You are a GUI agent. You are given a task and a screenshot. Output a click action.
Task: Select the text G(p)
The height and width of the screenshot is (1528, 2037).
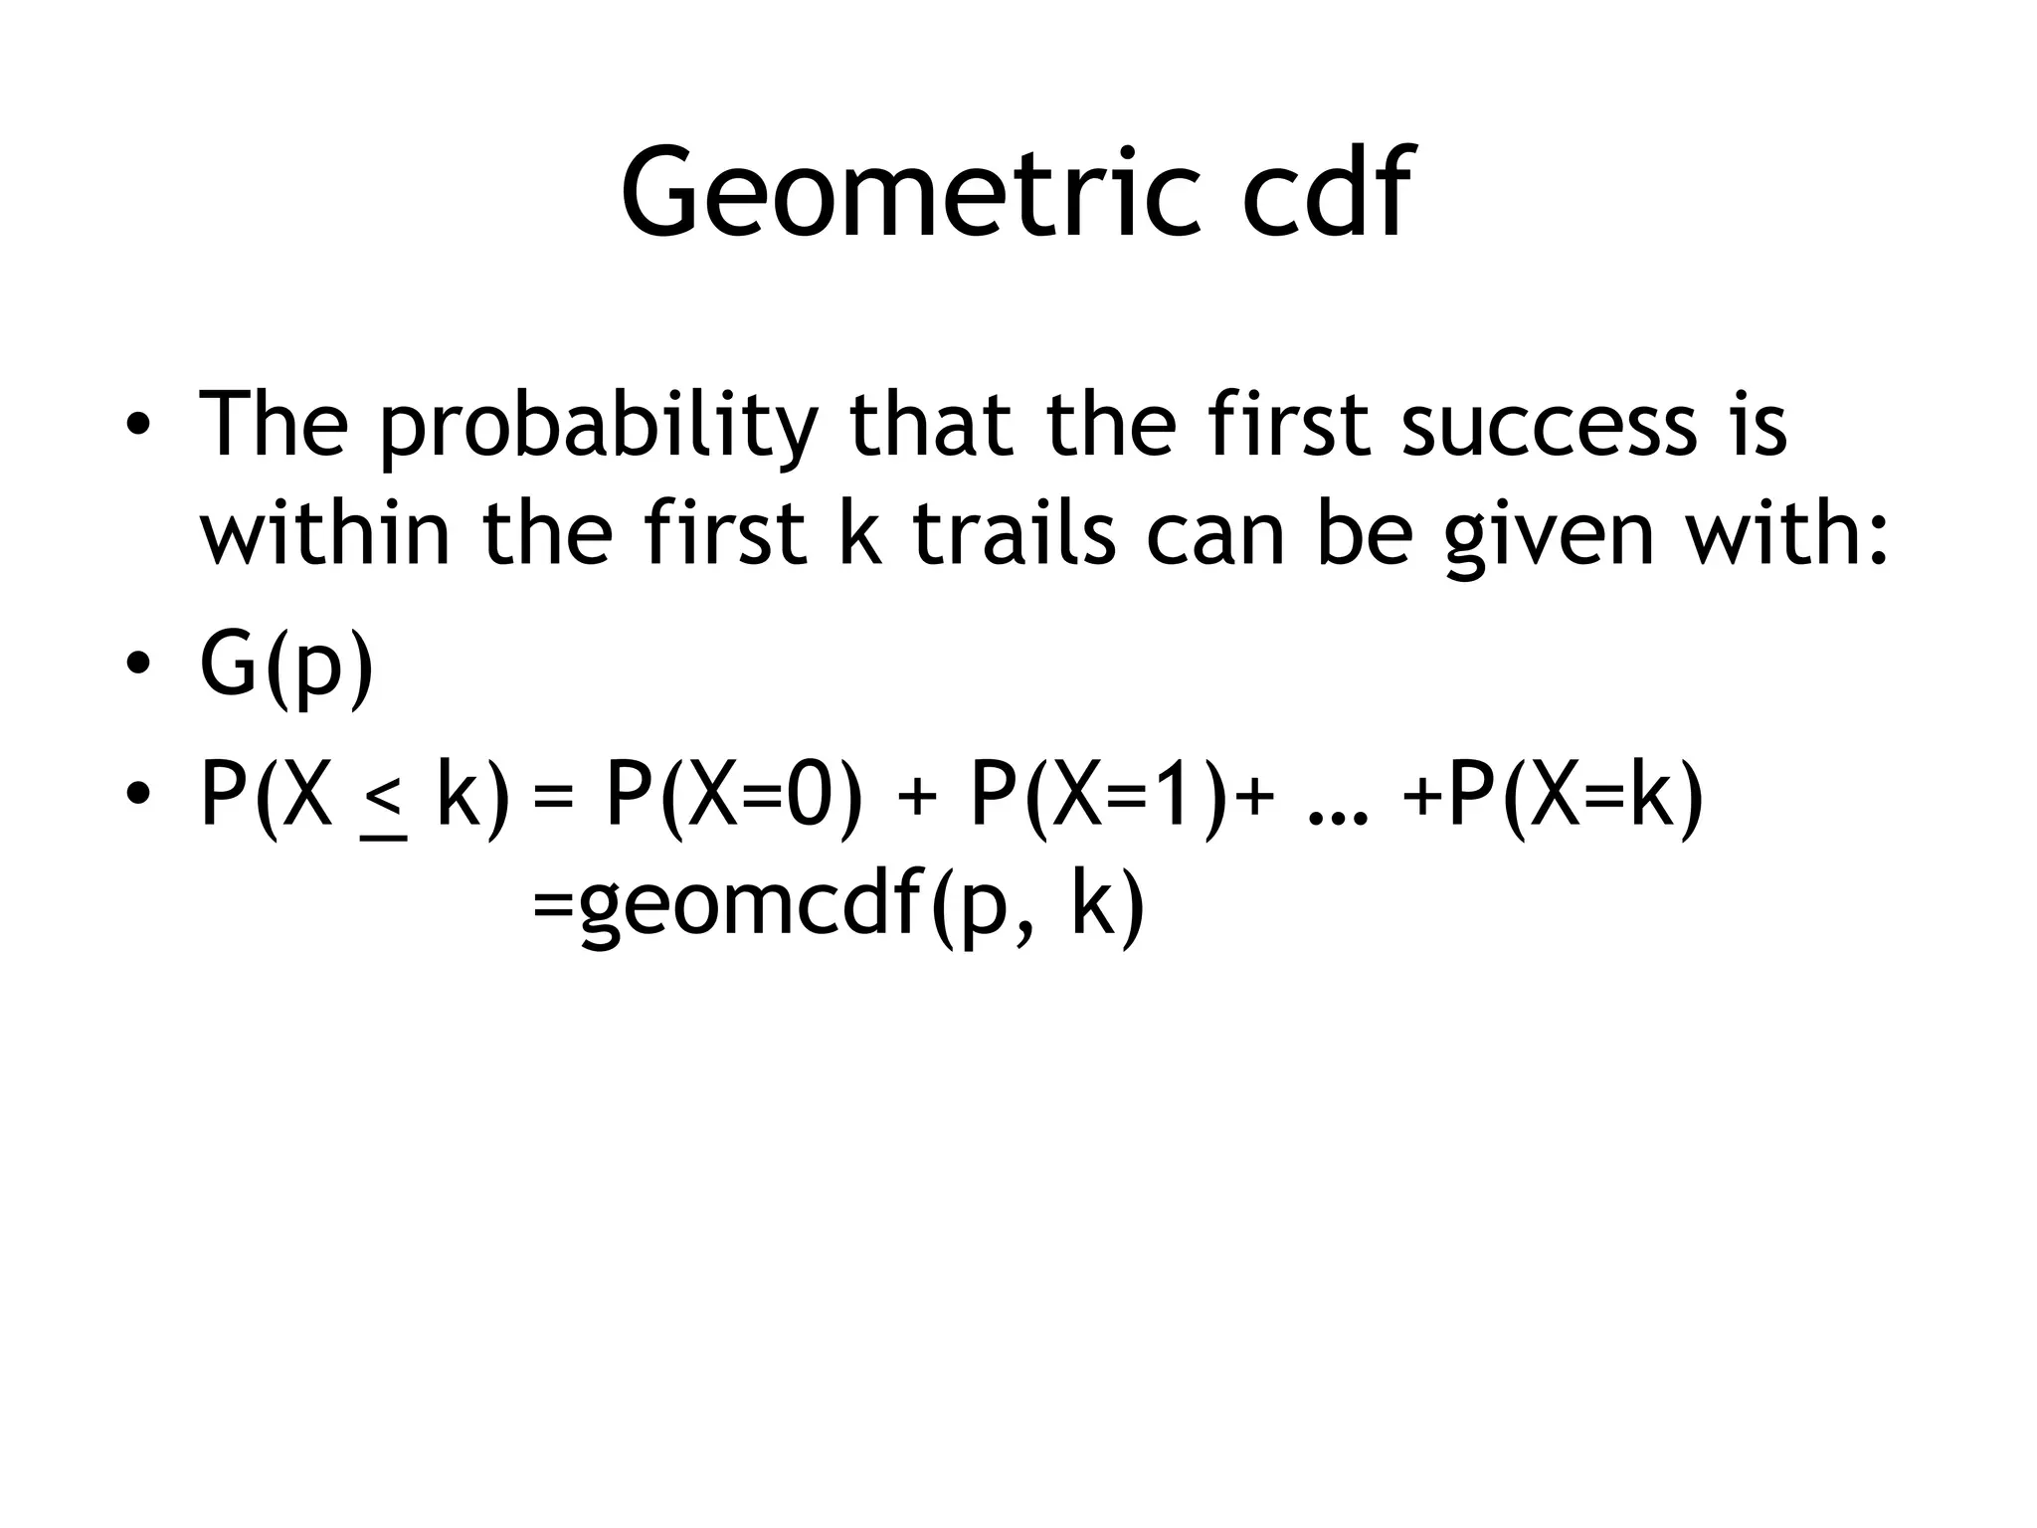[286, 667]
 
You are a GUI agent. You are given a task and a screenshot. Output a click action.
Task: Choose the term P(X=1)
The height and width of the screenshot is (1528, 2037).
[1095, 799]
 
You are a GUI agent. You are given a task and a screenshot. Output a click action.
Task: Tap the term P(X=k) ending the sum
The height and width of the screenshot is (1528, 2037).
[1575, 799]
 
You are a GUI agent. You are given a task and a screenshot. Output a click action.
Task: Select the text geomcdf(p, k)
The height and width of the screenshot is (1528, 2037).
[861, 907]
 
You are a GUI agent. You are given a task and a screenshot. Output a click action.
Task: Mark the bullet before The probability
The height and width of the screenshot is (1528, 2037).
[137, 426]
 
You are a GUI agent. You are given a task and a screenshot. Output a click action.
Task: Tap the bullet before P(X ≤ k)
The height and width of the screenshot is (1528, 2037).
[137, 795]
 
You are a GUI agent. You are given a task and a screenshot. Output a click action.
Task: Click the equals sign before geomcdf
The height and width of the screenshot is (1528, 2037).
[553, 907]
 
